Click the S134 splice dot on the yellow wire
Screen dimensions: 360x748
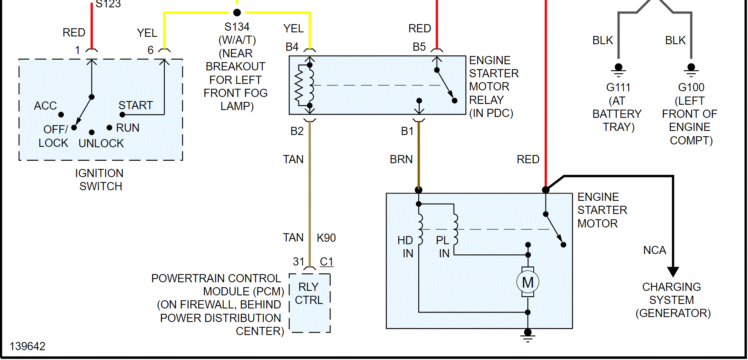237,13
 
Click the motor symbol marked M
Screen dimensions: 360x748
528,282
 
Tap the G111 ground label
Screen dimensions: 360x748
618,88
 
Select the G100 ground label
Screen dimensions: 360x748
691,88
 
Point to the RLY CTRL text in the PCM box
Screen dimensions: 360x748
309,293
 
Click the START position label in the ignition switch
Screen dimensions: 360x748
135,106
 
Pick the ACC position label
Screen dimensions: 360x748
45,106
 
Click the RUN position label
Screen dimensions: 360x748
128,128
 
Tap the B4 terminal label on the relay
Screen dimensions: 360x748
292,47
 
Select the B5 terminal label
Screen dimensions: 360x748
419,47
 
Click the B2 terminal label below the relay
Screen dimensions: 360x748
297,131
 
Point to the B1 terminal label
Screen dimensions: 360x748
407,131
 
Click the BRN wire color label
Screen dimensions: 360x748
401,160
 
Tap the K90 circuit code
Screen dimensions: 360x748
326,238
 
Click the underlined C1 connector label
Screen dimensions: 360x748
326,262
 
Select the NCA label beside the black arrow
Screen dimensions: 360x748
654,250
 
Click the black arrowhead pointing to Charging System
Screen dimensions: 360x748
673,272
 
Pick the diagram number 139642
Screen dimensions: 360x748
27,346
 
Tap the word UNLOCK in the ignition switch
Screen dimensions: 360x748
101,144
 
